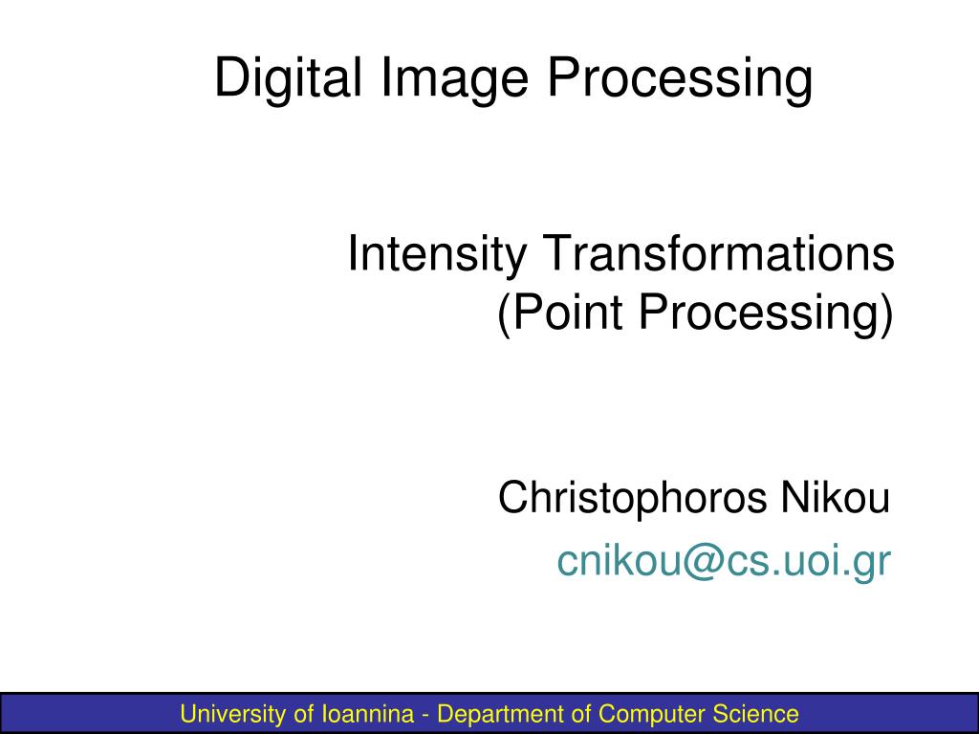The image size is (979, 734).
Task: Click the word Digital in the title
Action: tap(288, 78)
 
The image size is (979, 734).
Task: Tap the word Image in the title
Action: tap(454, 78)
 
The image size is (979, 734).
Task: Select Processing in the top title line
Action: tap(680, 78)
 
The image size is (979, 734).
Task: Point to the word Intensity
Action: tap(436, 254)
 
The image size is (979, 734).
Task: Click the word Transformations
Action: tap(718, 252)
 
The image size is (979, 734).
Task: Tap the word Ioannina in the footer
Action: tap(368, 713)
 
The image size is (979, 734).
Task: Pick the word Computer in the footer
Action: tap(652, 714)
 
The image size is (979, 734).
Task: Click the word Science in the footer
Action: tap(755, 713)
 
